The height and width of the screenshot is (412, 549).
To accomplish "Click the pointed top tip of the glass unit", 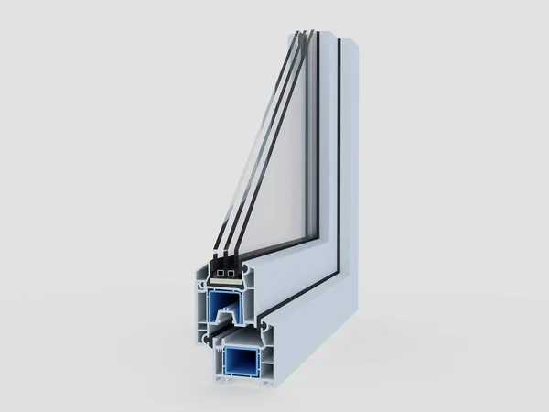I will click(306, 33).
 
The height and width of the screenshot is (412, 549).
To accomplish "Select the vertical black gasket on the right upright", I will click(338, 156).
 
